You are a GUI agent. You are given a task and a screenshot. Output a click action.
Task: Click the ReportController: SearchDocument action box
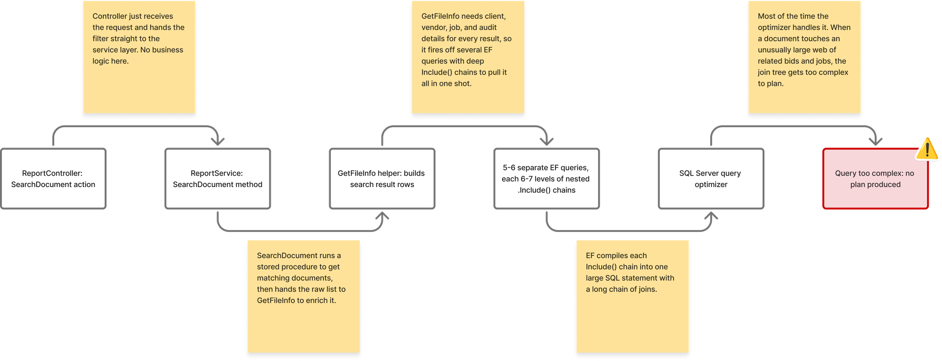[53, 179]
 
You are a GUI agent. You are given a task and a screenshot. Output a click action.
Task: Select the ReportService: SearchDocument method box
[218, 179]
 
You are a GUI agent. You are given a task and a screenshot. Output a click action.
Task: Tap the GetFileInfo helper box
[382, 179]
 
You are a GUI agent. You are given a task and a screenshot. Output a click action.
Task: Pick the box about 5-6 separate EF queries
[546, 179]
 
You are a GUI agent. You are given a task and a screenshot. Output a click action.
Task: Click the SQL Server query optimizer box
[711, 179]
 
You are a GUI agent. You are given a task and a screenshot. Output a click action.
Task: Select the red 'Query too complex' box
[876, 179]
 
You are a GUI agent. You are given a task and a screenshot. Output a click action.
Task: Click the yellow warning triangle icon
[927, 149]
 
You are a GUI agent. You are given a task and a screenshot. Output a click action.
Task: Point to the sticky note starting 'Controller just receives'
[139, 57]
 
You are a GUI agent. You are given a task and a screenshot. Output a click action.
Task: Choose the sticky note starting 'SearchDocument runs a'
[304, 296]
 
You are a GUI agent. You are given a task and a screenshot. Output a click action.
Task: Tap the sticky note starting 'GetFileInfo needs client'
[468, 57]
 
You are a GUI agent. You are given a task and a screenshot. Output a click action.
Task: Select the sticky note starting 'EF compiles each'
[633, 296]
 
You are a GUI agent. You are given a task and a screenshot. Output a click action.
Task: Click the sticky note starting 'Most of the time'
[804, 57]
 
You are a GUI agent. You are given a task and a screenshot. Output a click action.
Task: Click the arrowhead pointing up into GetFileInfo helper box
[382, 216]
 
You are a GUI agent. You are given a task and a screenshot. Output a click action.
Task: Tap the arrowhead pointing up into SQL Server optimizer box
[711, 216]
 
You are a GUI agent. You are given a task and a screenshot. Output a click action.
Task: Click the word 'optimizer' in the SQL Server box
[711, 185]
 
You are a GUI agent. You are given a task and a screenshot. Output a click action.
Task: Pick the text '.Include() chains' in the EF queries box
[546, 190]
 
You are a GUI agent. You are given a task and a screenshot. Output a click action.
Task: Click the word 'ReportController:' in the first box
[52, 173]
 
